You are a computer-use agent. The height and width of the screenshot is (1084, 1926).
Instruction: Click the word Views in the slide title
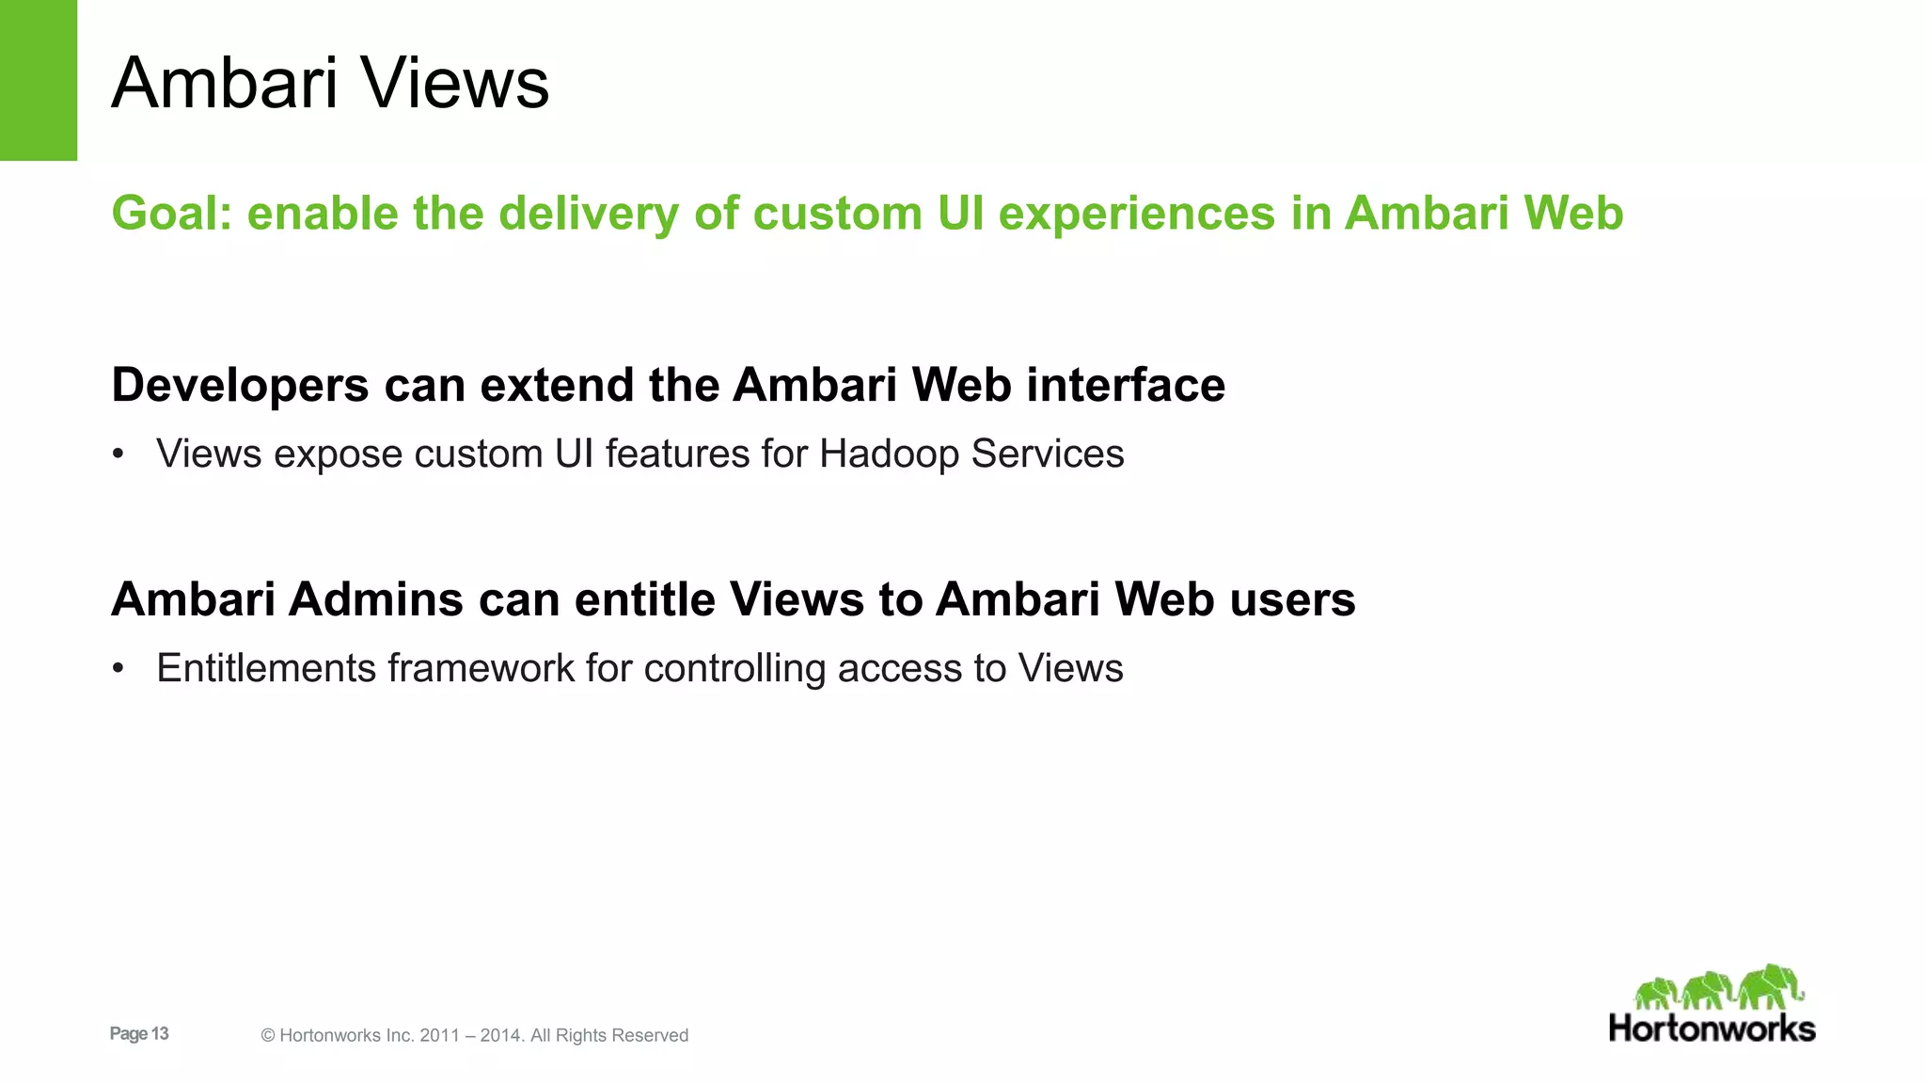click(x=455, y=83)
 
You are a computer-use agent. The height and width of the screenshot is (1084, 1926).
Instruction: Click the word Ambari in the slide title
click(x=224, y=83)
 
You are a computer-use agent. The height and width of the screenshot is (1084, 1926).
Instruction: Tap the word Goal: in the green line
click(x=171, y=213)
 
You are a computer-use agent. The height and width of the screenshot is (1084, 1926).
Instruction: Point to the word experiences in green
click(x=1136, y=215)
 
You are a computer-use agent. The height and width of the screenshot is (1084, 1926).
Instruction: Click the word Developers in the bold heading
click(x=240, y=386)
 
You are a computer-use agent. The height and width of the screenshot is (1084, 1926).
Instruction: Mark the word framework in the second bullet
click(x=481, y=668)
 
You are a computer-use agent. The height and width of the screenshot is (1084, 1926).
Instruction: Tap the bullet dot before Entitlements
click(x=118, y=669)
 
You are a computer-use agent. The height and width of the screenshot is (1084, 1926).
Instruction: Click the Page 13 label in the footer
click(x=139, y=1033)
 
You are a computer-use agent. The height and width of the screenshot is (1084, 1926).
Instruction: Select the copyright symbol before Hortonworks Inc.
click(x=268, y=1036)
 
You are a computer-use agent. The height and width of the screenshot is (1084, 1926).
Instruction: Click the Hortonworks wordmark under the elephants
click(x=1712, y=1028)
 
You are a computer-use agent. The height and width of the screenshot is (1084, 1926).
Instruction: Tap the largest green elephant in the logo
click(x=1769, y=988)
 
